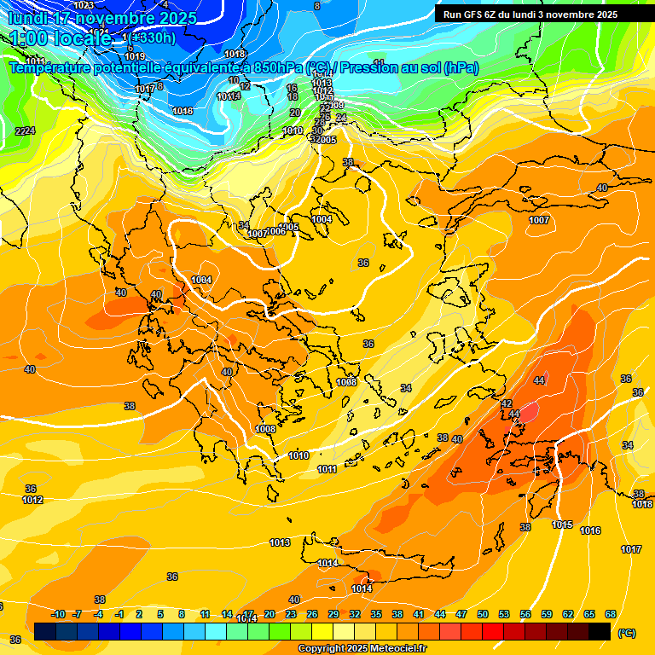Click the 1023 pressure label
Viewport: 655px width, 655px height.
coord(84,5)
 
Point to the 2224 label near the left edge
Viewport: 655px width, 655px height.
coord(25,130)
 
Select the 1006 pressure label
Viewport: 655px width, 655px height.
coord(276,231)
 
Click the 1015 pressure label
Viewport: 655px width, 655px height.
coord(562,525)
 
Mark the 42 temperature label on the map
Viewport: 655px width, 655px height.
coord(506,403)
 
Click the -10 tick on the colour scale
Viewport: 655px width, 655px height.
coord(58,614)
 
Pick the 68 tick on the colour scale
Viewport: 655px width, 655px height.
coord(611,614)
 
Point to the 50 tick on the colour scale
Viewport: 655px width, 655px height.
coord(483,614)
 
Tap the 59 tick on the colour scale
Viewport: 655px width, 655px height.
coord(547,614)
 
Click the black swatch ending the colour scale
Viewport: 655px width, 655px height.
coord(600,632)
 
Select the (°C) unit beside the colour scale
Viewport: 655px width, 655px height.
coord(626,633)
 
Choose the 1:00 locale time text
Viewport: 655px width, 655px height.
coord(60,38)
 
